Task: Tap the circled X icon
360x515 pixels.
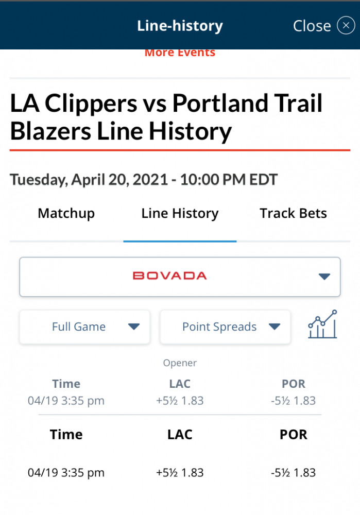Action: (x=346, y=26)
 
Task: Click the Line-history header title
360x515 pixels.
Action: (x=180, y=26)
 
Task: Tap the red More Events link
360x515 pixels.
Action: (x=180, y=53)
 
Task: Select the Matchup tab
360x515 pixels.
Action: (x=66, y=214)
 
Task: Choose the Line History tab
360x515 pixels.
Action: (x=180, y=214)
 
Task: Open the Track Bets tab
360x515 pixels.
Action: (x=294, y=214)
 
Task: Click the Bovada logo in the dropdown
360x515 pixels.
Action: (x=169, y=276)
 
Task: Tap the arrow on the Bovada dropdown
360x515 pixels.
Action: (x=324, y=277)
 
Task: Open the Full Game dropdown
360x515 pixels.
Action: (x=85, y=327)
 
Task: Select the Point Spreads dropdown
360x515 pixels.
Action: (x=226, y=327)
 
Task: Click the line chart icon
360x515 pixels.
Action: (x=322, y=324)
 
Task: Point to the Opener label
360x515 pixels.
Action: (x=180, y=363)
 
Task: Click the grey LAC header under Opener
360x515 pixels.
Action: (x=180, y=384)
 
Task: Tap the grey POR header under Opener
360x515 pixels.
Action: (x=294, y=384)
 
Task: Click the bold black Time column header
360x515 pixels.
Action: (x=66, y=435)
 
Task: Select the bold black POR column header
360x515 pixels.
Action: (x=294, y=435)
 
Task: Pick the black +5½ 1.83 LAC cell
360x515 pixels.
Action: (x=180, y=473)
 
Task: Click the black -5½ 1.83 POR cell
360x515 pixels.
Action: (x=294, y=473)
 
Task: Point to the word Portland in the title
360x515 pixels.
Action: (x=220, y=103)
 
